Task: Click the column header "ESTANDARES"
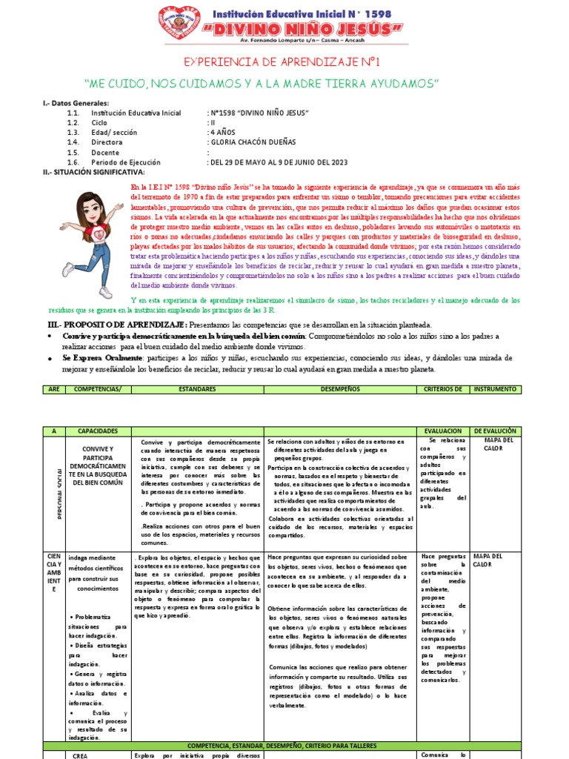[x=197, y=388]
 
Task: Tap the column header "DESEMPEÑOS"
[x=339, y=388]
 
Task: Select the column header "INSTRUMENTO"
[x=496, y=388]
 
